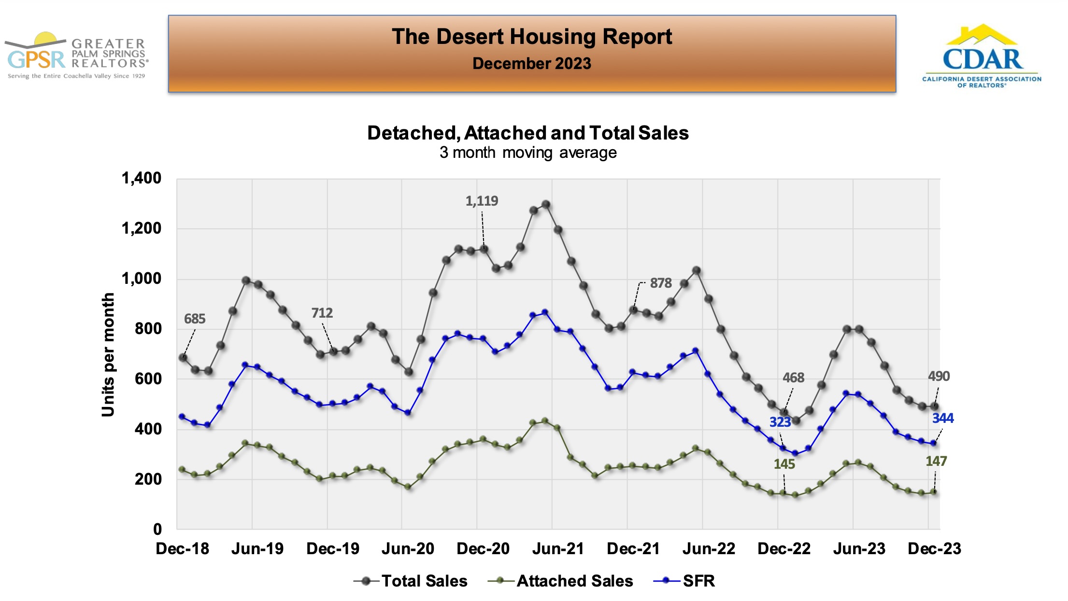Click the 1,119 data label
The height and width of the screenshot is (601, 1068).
(482, 201)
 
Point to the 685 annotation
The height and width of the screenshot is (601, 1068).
(195, 319)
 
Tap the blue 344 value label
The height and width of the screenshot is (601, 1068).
(942, 418)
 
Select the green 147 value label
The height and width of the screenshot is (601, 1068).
(936, 461)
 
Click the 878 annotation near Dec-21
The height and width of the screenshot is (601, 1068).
(660, 283)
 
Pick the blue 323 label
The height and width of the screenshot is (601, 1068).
(780, 422)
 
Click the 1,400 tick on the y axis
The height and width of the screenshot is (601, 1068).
(142, 178)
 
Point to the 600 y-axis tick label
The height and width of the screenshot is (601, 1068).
(148, 379)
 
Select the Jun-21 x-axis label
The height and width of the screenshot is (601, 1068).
(558, 548)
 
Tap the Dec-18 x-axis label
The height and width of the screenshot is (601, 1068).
(182, 548)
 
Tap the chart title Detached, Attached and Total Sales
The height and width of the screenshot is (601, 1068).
(527, 133)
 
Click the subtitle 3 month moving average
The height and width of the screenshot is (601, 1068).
(527, 153)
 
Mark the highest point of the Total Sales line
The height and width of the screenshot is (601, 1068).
(546, 205)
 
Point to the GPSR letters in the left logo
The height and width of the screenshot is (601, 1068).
(36, 60)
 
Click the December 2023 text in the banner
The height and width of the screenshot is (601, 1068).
(531, 64)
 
